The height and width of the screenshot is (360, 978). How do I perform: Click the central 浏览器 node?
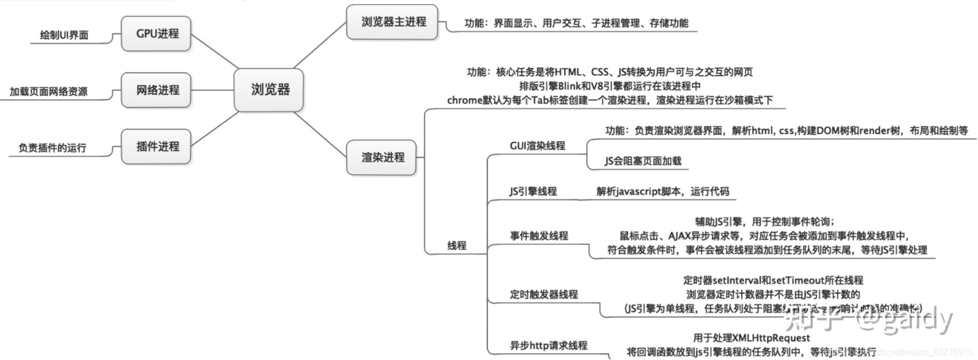pos(270,89)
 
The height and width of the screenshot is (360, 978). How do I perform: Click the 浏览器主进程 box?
pos(394,21)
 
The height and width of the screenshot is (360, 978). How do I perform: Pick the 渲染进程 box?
pos(382,157)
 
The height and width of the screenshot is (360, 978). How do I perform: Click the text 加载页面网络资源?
pos(48,91)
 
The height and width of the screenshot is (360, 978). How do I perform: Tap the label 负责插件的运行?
pos(52,148)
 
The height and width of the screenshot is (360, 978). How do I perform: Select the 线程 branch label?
pos(457,245)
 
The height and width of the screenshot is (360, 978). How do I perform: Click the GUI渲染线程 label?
pos(537,146)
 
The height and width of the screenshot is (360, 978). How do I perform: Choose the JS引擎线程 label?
pos(533,191)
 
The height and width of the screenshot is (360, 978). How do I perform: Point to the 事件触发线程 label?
pos(539,235)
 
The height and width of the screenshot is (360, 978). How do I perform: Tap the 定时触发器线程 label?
pos(544,294)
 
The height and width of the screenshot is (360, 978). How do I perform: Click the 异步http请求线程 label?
pos(549,345)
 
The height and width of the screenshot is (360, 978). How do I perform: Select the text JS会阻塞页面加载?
pos(642,161)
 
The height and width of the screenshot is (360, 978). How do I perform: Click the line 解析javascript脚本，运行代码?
pos(662,191)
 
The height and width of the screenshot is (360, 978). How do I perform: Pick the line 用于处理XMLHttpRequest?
pos(751,338)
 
